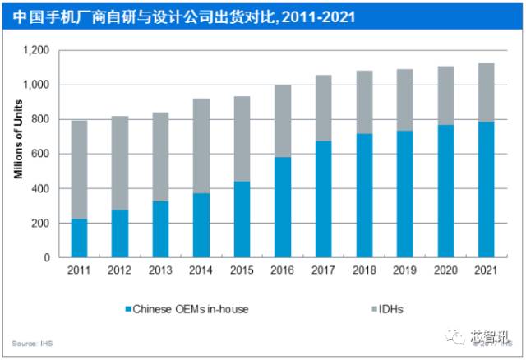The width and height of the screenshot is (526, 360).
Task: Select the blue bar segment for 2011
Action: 79,238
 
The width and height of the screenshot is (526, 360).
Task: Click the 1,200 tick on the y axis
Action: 38,50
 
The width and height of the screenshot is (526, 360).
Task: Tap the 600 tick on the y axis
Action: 43,154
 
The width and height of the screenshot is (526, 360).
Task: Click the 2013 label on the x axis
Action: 160,270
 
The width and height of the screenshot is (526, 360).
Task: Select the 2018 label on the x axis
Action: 364,270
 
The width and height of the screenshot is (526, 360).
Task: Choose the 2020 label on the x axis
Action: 445,270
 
